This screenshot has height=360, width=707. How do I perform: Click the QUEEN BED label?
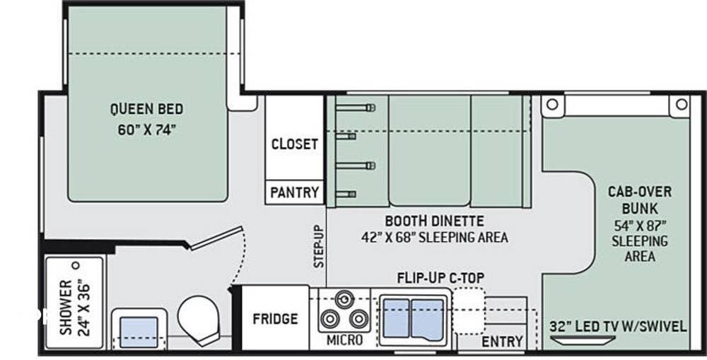[x=146, y=109]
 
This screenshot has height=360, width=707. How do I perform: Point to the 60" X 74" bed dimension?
[x=146, y=130]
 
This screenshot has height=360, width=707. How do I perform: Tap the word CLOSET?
[x=295, y=144]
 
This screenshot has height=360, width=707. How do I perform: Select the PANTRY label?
[x=295, y=192]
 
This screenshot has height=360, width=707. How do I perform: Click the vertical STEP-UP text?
[x=319, y=247]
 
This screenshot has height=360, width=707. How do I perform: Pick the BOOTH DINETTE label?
[x=434, y=220]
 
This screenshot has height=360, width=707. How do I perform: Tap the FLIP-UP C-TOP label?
[x=440, y=277]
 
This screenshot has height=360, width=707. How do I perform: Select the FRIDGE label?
[x=275, y=318]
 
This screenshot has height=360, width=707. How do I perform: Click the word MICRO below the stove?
[x=344, y=341]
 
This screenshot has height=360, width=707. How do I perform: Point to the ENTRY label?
[x=502, y=342]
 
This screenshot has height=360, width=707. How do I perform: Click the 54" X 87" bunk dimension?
[x=639, y=225]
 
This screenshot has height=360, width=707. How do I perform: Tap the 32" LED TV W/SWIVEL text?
[x=618, y=326]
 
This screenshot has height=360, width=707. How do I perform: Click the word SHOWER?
[x=65, y=308]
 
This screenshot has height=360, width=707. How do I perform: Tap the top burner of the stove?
[x=344, y=298]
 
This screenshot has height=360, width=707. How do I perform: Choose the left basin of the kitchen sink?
[x=397, y=318]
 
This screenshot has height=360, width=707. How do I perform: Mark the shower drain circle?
[x=74, y=265]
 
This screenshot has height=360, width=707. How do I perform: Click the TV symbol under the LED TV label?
[x=578, y=341]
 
